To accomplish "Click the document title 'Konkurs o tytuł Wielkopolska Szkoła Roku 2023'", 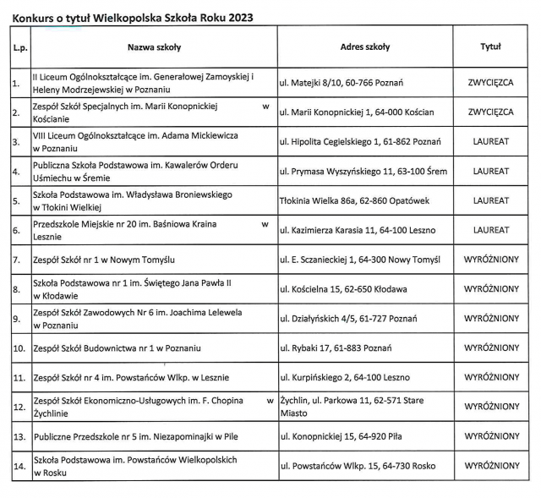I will coord(132,17).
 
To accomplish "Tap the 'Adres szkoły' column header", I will coord(364,47).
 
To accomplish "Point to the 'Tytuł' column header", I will coord(490,47).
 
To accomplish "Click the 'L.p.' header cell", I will coord(20,48).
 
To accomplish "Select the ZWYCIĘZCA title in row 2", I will coord(490,112).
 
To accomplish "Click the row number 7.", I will coord(17,259).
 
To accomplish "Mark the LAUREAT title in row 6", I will coord(490,229).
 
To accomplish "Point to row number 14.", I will coord(19,466).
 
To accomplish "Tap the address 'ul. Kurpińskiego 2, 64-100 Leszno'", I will coord(347,377).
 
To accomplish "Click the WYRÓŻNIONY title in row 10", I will coord(490,348).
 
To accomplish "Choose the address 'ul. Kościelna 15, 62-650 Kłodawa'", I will coord(342,288).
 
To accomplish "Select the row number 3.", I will coord(17,141).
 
